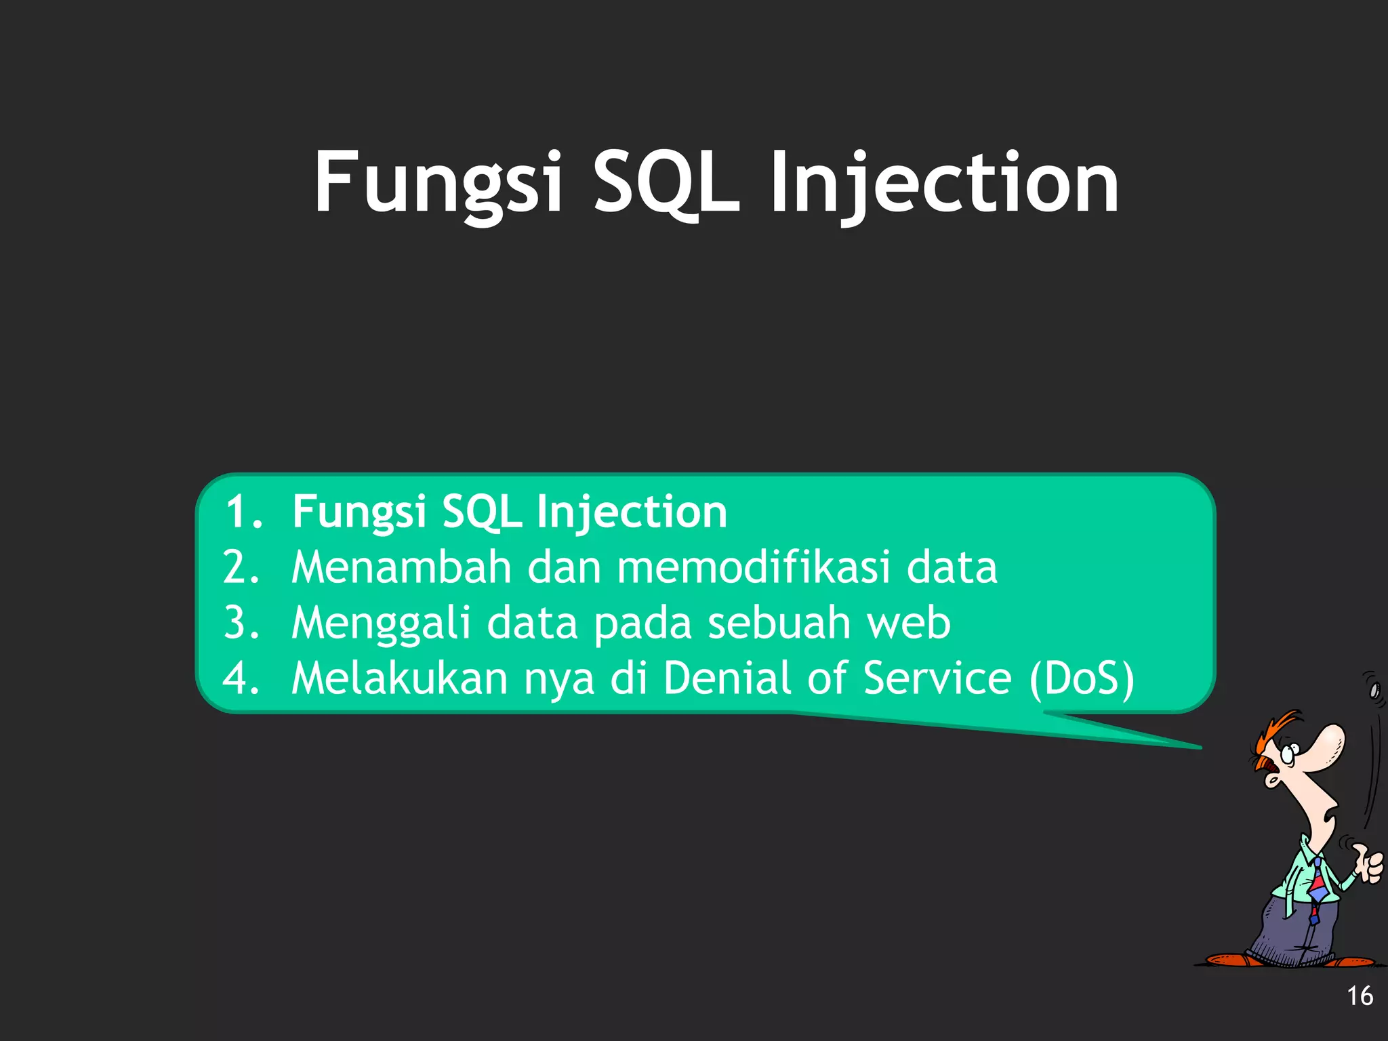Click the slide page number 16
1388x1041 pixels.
(x=1360, y=996)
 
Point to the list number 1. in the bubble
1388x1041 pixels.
(x=244, y=511)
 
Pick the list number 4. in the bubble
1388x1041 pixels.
(x=241, y=678)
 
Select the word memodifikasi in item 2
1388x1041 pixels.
(x=753, y=567)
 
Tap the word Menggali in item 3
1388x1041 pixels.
(x=380, y=622)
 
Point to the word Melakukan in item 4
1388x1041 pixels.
(x=400, y=678)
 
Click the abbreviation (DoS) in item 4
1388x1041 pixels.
(x=1082, y=678)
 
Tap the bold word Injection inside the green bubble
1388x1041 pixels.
(x=632, y=511)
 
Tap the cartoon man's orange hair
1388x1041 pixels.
(x=1274, y=732)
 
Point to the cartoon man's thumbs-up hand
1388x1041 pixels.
(x=1369, y=864)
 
